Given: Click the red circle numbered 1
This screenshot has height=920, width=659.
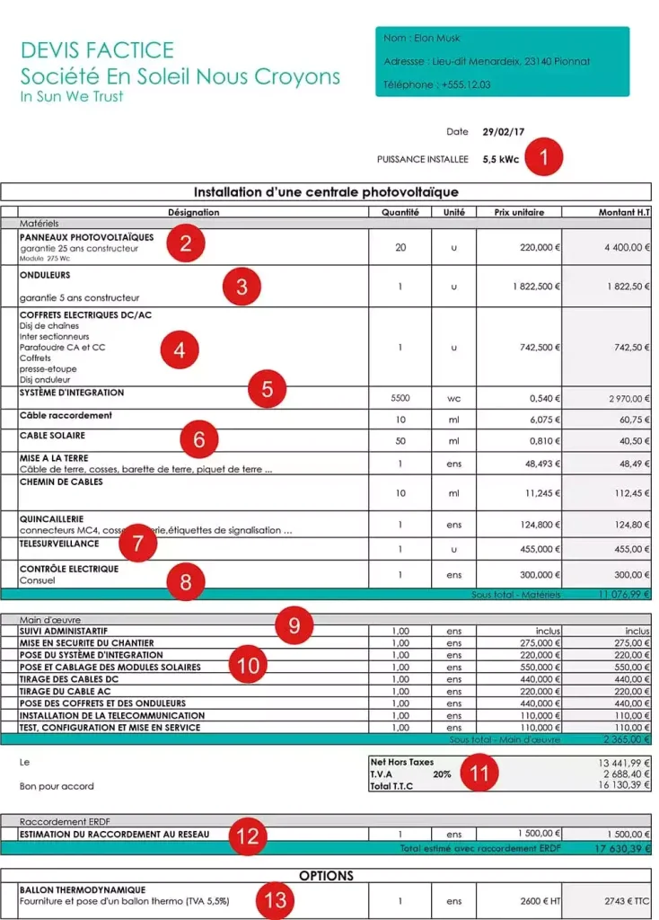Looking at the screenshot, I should tap(544, 158).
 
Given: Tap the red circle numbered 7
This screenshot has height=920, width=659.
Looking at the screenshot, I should tap(137, 543).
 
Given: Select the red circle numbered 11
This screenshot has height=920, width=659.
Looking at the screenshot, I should tap(482, 774).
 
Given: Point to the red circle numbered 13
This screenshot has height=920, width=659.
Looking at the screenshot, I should tap(275, 898).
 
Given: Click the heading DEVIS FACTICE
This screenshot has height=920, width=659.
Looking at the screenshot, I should tap(97, 49).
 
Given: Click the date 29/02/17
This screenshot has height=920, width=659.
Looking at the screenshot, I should tap(500, 131).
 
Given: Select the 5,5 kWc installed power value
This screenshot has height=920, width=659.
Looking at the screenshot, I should tap(501, 159).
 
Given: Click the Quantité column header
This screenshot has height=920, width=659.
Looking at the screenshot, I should tap(400, 213).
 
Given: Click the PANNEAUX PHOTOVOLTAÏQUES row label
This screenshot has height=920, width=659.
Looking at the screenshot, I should tap(86, 237).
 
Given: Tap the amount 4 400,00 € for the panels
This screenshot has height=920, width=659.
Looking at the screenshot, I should tap(621, 247).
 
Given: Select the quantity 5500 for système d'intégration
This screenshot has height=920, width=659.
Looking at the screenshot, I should tap(400, 398).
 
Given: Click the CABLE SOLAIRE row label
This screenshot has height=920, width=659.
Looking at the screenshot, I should tap(52, 435).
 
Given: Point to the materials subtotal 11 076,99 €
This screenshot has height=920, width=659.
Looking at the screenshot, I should tap(621, 595).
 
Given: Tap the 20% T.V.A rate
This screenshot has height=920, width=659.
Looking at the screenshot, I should tap(441, 774).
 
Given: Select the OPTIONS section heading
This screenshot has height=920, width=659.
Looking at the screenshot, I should tap(326, 875).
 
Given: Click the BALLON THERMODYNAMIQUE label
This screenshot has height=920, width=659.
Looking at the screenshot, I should tap(75, 889).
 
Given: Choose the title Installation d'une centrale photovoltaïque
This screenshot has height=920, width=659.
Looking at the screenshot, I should tap(326, 192).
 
